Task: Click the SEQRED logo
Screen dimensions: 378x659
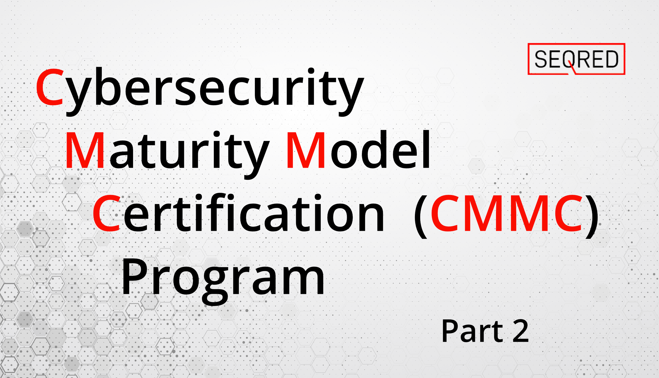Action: pyautogui.click(x=576, y=59)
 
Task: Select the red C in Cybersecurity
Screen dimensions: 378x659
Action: pyautogui.click(x=50, y=87)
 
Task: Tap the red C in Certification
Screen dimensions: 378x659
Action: pyautogui.click(x=106, y=213)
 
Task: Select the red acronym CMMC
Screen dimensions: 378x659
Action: pyautogui.click(x=507, y=213)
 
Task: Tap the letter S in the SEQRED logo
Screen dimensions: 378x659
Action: pyautogui.click(x=541, y=59)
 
